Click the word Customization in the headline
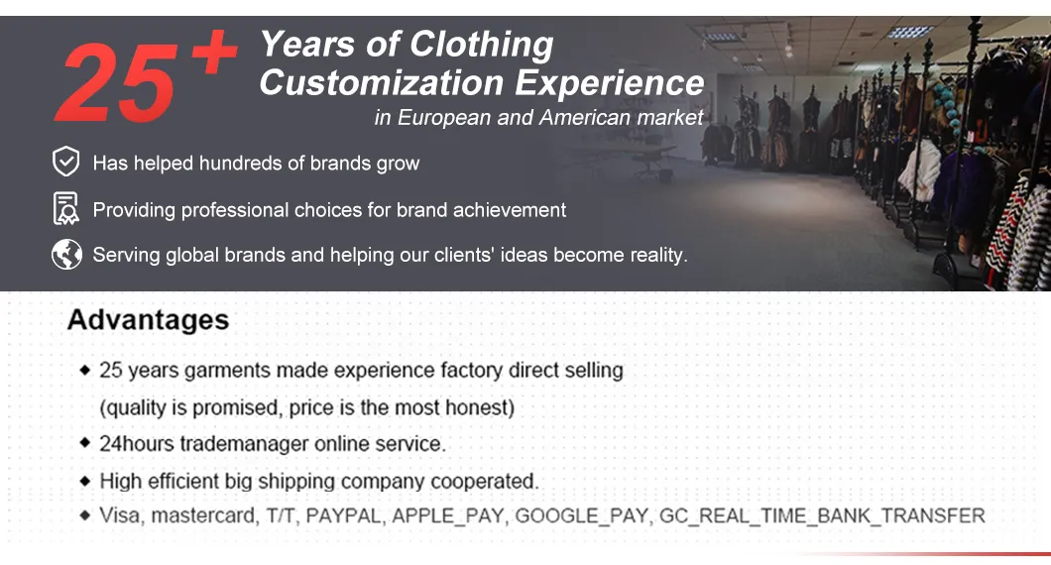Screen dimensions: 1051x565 [x=382, y=83]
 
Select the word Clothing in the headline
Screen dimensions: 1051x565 [x=481, y=45]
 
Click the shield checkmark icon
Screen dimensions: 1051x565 [x=65, y=162]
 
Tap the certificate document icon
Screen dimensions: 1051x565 [x=65, y=208]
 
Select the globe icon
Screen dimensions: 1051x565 [x=66, y=255]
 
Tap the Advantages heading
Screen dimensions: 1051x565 [x=148, y=320]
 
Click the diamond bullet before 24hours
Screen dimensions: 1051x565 [x=85, y=442]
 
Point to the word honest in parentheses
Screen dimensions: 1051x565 [x=477, y=407]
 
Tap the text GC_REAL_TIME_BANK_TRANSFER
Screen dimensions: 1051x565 [x=822, y=516]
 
